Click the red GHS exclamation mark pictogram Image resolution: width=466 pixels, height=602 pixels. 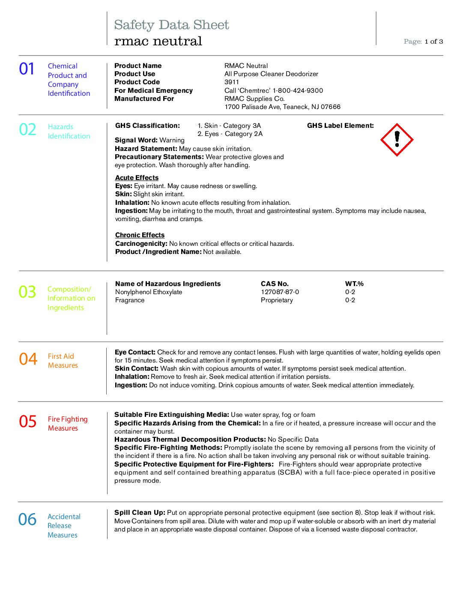point(397,140)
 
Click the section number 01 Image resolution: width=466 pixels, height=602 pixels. point(27,69)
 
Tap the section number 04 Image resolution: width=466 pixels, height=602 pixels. point(28,359)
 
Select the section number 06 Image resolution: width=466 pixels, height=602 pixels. point(27,519)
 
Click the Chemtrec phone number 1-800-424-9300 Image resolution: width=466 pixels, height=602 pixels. point(298,91)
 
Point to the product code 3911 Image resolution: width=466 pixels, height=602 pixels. point(232,82)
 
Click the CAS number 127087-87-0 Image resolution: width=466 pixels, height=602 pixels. point(280,292)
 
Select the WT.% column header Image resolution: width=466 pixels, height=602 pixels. point(354,284)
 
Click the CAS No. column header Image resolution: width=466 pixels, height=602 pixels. point(275,284)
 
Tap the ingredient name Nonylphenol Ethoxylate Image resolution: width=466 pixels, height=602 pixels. point(149,292)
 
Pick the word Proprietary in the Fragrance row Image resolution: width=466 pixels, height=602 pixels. point(277,300)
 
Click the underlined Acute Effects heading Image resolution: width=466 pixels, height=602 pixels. point(137,178)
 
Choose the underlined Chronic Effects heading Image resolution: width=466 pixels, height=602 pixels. point(140,235)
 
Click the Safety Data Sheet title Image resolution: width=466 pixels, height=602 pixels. point(171,25)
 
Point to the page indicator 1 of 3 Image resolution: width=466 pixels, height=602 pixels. point(433,41)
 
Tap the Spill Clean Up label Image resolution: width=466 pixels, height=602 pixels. point(140,513)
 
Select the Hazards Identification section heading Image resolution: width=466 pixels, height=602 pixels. point(69,131)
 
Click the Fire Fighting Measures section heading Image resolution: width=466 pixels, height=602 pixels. point(68,424)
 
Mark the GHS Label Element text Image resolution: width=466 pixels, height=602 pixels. point(340,126)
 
